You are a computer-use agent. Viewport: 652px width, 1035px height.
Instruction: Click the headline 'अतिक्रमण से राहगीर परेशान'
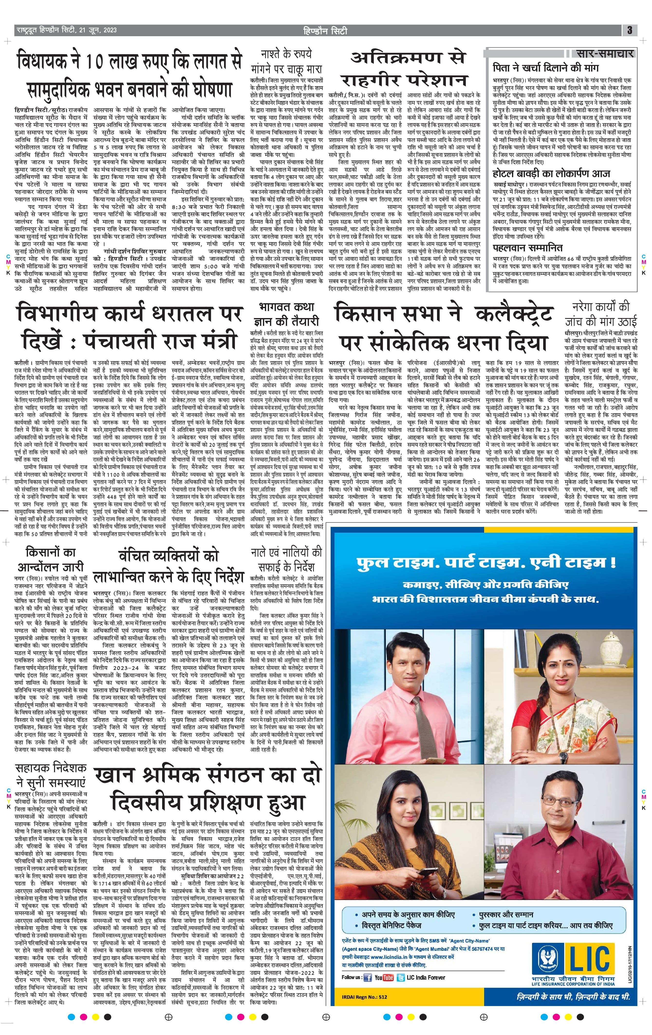409,69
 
